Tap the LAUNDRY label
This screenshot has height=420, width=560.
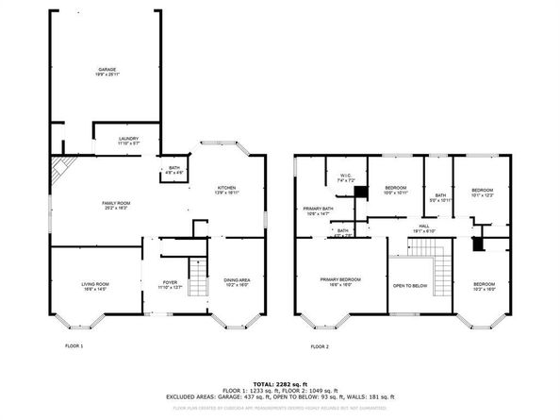[x=128, y=140]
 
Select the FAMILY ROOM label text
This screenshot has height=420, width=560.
[x=115, y=203]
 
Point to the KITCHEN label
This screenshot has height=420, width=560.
[x=226, y=188]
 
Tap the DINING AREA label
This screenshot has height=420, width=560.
[x=237, y=281]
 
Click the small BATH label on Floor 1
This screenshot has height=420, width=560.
[x=174, y=170]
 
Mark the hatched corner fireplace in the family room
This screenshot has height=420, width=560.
[x=60, y=170]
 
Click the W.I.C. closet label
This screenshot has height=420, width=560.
[x=345, y=176]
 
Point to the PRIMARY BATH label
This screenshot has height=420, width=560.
[x=319, y=210]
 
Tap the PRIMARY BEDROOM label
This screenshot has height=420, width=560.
[x=340, y=280]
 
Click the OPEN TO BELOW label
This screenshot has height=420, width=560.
[x=410, y=285]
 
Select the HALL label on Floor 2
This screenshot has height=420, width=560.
[x=424, y=227]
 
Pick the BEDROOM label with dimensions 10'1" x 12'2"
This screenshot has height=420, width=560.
[x=483, y=192]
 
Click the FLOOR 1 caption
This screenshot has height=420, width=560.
[x=74, y=345]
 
